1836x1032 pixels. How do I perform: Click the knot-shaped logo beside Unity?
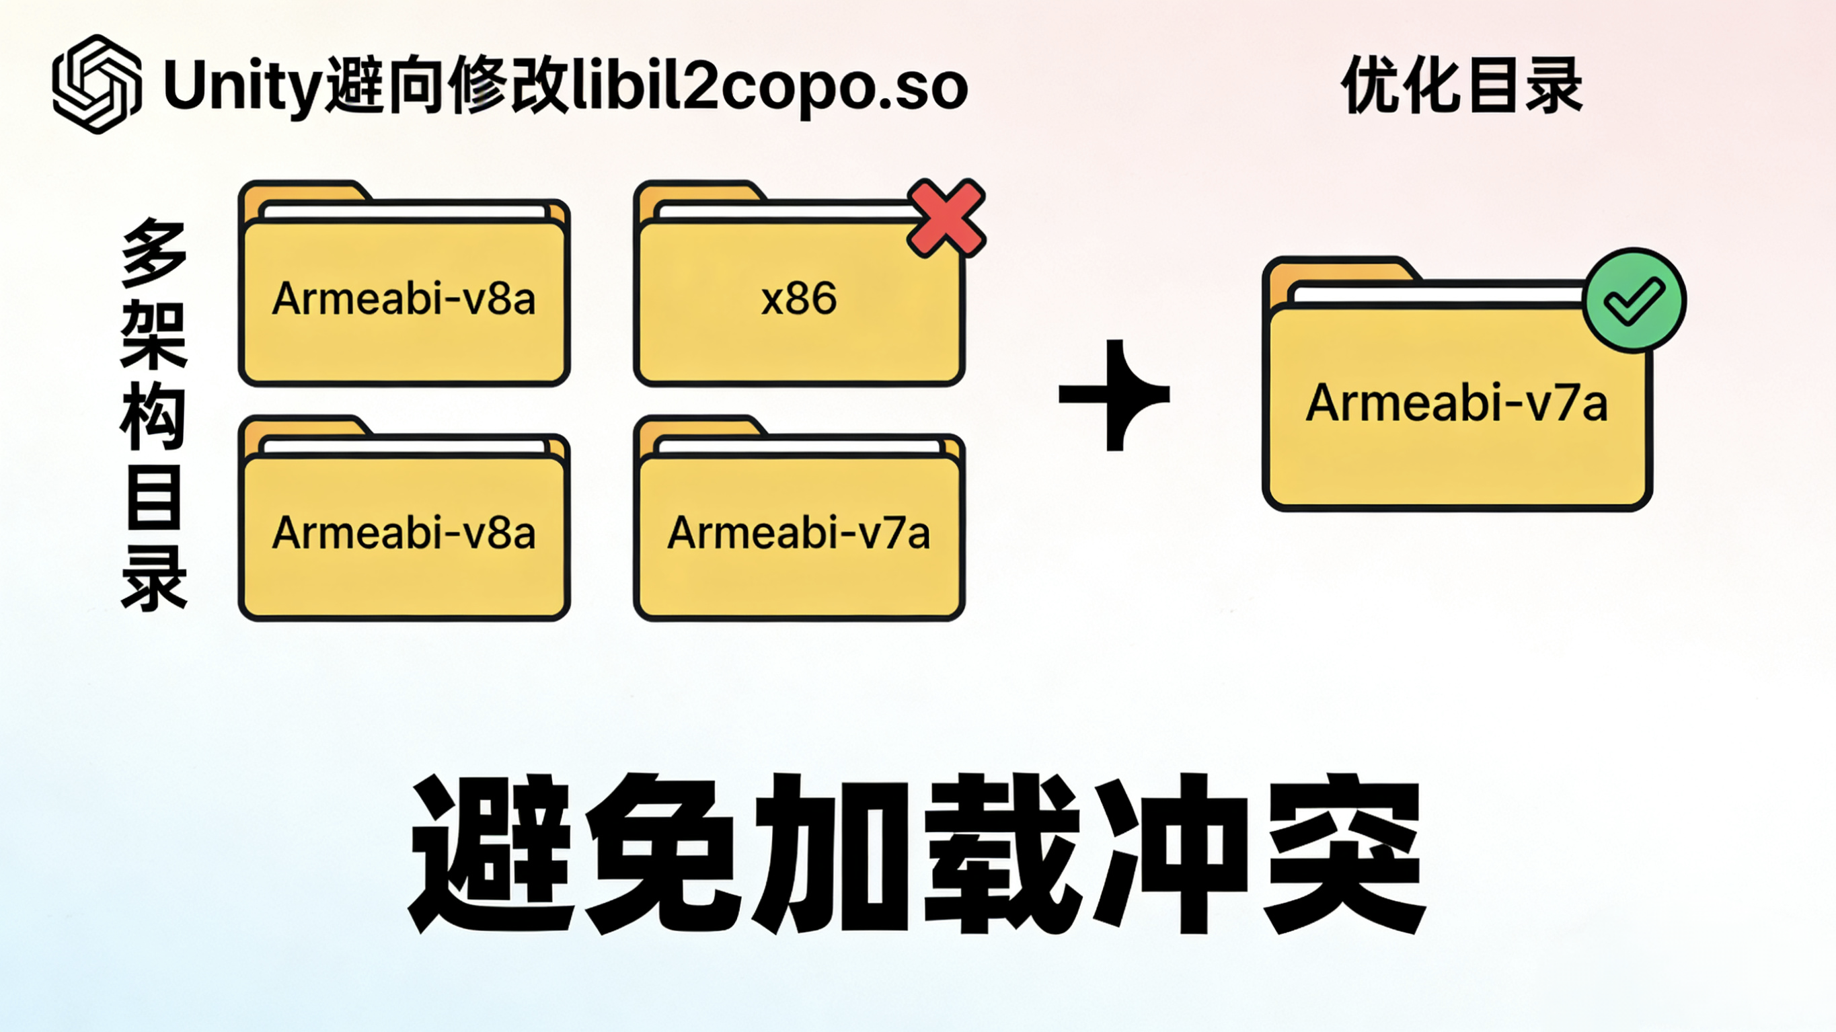pos(96,84)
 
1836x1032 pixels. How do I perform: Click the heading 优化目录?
pos(1461,86)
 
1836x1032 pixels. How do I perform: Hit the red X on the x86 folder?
pos(946,218)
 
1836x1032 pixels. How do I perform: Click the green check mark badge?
pos(1634,300)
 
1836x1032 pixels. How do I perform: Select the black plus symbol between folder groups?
pos(1114,395)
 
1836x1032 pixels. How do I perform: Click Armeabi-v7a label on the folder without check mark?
pos(798,533)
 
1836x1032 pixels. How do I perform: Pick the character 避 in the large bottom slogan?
pos(491,853)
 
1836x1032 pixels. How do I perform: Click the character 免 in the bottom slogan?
pos(661,853)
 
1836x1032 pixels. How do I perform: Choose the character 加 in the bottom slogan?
pos(832,853)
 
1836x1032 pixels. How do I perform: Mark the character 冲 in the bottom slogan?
pos(1173,853)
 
